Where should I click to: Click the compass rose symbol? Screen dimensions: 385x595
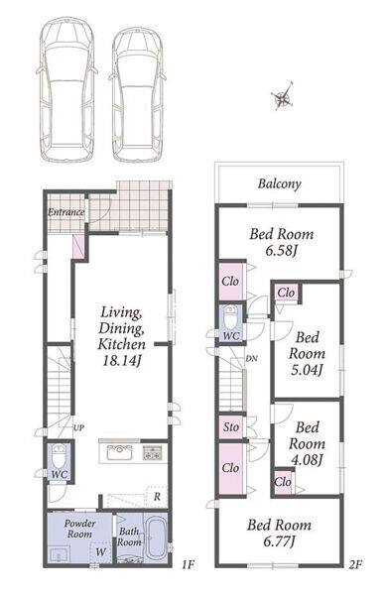tap(282, 97)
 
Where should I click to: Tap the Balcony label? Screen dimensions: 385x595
tap(280, 184)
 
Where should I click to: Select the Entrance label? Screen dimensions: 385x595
tap(66, 212)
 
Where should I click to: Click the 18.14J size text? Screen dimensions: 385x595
tap(122, 361)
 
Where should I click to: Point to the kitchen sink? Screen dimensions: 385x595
tap(120, 452)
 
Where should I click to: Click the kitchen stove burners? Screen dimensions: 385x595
tap(152, 453)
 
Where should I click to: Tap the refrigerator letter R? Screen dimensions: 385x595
tap(157, 497)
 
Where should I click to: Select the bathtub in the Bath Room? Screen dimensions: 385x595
tap(156, 537)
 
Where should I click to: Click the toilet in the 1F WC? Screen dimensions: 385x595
tap(59, 456)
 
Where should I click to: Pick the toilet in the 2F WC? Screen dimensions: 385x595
tap(230, 318)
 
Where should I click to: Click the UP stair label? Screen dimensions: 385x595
tap(78, 428)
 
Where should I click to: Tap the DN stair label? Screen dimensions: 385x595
tap(251, 358)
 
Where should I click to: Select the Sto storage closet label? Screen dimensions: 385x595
tap(231, 427)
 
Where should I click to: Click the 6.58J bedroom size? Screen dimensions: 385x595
tap(282, 251)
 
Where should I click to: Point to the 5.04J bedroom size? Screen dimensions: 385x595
tap(307, 370)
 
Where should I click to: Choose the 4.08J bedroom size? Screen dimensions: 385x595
tap(307, 460)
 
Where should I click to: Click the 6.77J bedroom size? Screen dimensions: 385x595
tap(280, 541)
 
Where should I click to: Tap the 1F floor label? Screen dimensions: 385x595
tap(188, 565)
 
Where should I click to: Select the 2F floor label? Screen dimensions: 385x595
tap(356, 565)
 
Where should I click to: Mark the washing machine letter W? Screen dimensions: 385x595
tap(100, 551)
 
